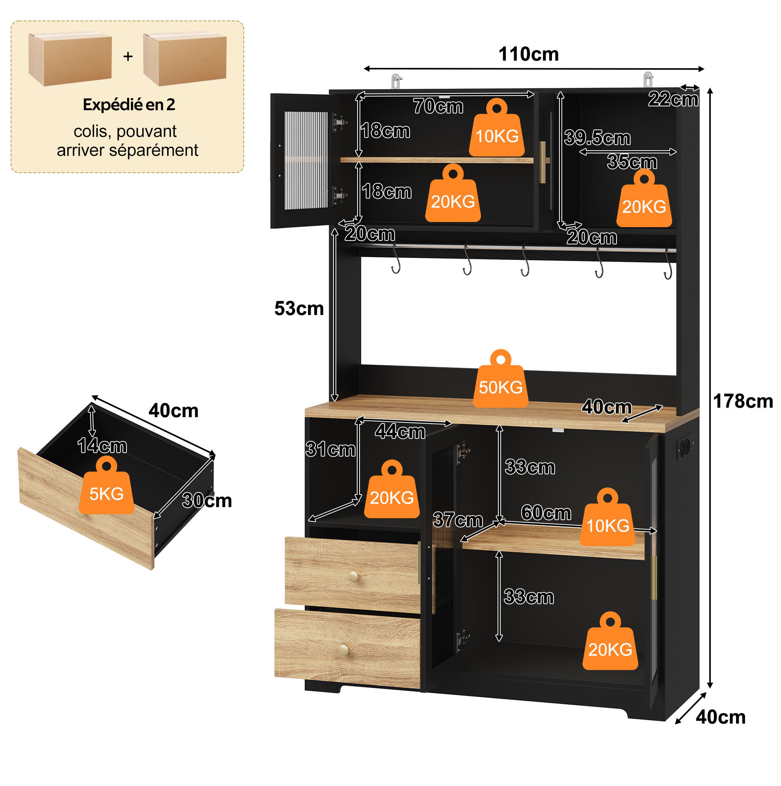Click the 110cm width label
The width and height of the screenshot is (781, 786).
tap(528, 54)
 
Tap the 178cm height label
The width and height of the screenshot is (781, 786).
tap(743, 401)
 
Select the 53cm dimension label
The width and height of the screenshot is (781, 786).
tap(299, 308)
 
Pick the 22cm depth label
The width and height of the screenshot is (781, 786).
tap(673, 99)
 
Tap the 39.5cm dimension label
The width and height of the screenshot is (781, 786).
tap(597, 138)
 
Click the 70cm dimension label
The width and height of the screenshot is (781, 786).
tap(438, 106)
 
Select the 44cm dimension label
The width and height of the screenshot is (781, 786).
tap(400, 431)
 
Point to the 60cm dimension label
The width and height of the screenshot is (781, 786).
tap(546, 513)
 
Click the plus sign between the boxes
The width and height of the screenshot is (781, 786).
tap(128, 56)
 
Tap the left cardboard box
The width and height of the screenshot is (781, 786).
tap(70, 60)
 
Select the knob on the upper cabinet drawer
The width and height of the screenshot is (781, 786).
tap(354, 576)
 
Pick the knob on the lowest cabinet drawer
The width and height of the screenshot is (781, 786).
tap(344, 650)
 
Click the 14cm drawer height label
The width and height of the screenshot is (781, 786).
tap(102, 446)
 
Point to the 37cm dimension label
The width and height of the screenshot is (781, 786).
tap(458, 519)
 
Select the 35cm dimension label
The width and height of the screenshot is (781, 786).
tap(632, 162)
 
